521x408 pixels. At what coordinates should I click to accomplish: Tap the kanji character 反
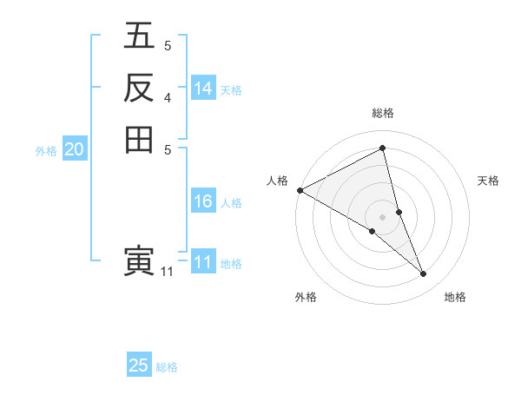pyautogui.click(x=140, y=87)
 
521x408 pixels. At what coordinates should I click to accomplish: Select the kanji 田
pyautogui.click(x=140, y=139)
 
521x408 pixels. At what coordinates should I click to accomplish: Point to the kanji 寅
pyautogui.click(x=140, y=261)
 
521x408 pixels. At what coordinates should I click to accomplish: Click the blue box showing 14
pyautogui.click(x=203, y=88)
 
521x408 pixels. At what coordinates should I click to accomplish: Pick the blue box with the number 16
pyautogui.click(x=203, y=201)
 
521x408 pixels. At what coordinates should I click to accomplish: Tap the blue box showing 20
pyautogui.click(x=75, y=149)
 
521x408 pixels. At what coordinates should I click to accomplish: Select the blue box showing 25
pyautogui.click(x=139, y=365)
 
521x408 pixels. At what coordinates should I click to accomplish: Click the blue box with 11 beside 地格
pyautogui.click(x=203, y=262)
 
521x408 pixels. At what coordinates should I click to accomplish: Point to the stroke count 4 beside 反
pyautogui.click(x=167, y=97)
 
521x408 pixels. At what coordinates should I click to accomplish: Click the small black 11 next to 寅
pyautogui.click(x=167, y=272)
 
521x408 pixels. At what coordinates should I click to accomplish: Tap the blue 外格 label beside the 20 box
pyautogui.click(x=46, y=151)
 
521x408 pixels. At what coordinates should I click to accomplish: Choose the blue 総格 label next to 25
pyautogui.click(x=167, y=367)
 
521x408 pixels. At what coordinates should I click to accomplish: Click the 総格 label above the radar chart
pyautogui.click(x=383, y=113)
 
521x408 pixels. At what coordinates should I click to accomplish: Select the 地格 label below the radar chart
pyautogui.click(x=455, y=297)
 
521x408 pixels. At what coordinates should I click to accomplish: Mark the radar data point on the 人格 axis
pyautogui.click(x=300, y=189)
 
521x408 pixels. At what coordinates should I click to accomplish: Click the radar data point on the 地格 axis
pyautogui.click(x=424, y=273)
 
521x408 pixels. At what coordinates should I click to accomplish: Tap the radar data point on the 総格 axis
pyautogui.click(x=383, y=148)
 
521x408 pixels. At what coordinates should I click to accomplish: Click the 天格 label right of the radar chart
pyautogui.click(x=489, y=181)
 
